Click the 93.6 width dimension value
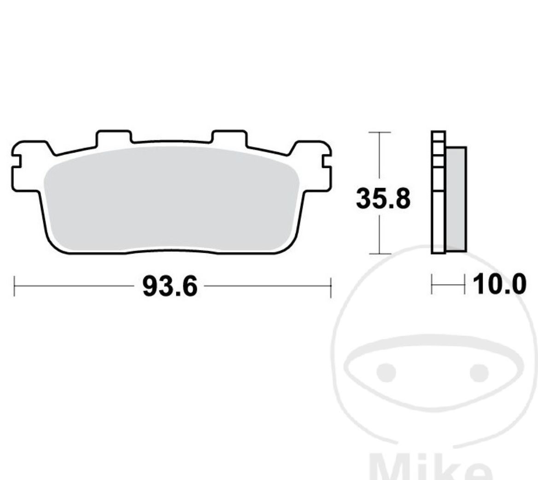coord(170,286)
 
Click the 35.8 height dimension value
coord(383,199)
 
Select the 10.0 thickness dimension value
coord(499,284)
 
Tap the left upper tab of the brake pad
coord(114,137)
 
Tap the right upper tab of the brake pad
coord(229,137)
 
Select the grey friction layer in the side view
coord(456,199)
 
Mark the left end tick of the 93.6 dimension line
coord(15,286)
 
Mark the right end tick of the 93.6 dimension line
coord(331,286)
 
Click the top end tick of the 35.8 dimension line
coord(379,132)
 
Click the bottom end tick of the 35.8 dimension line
coord(379,254)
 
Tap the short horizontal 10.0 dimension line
coord(448,284)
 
